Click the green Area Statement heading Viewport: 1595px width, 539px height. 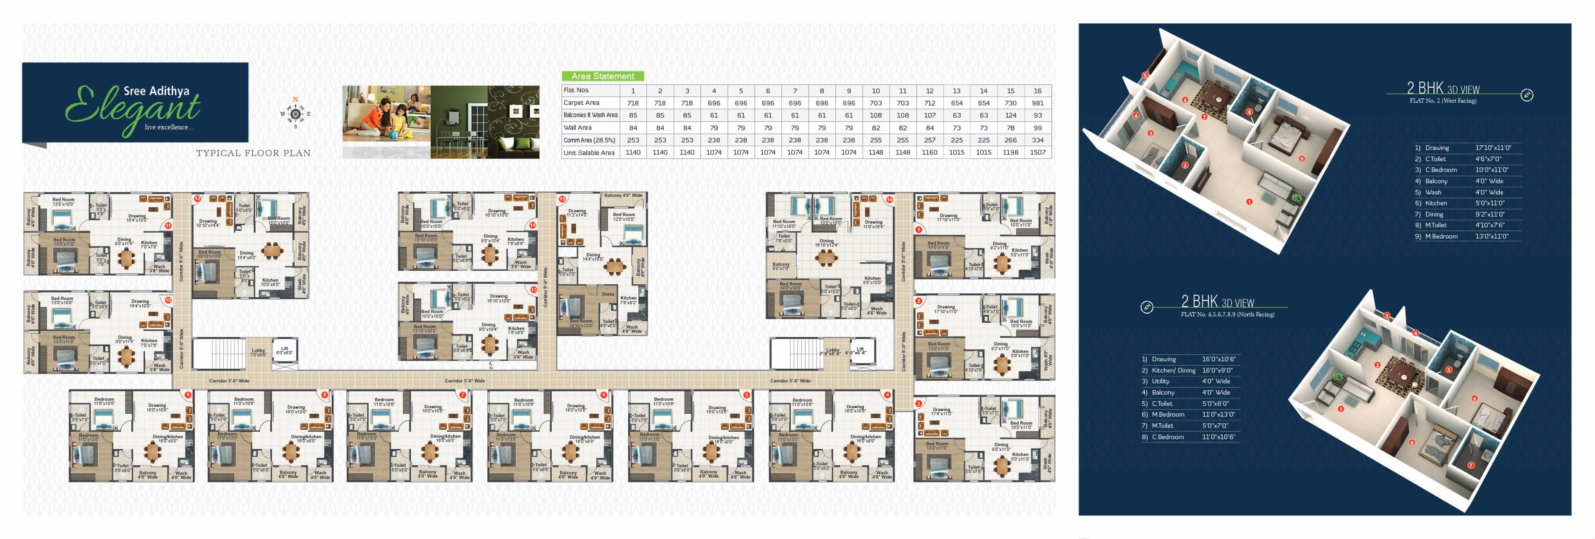(602, 76)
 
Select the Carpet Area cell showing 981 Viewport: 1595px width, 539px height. (1037, 103)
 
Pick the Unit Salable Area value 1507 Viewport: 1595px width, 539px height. (1037, 152)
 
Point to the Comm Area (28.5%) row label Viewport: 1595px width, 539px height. (589, 140)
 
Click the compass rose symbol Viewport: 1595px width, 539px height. (295, 114)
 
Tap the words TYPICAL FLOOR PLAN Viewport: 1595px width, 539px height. (253, 153)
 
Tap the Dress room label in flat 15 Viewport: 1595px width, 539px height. (608, 294)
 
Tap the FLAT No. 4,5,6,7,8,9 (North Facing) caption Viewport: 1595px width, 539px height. (1227, 314)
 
